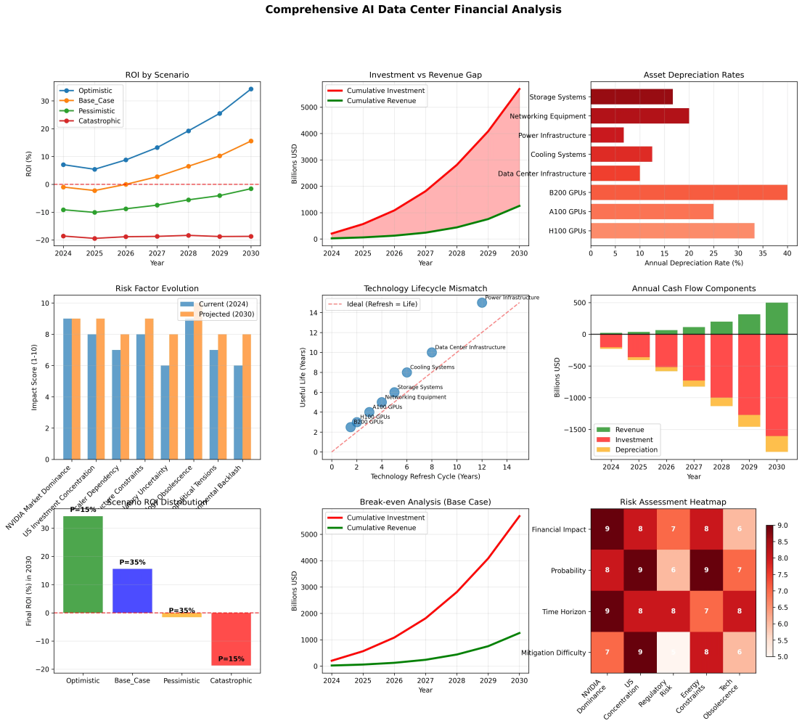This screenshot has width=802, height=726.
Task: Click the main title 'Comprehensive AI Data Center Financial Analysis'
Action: click(413, 9)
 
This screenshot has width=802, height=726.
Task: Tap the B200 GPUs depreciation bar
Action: click(689, 192)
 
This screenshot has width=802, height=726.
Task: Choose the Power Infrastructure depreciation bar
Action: click(607, 135)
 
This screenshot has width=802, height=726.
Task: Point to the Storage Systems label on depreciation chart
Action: click(558, 97)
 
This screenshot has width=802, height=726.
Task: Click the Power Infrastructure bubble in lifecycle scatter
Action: click(481, 302)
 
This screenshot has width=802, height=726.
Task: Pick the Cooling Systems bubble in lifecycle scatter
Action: click(406, 372)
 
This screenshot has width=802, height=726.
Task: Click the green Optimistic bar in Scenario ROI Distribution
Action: click(83, 564)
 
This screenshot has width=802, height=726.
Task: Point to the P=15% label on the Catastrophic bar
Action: click(231, 659)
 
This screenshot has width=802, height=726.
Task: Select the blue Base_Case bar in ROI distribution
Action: click(132, 590)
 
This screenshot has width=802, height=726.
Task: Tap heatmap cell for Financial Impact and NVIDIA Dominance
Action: click(607, 529)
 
